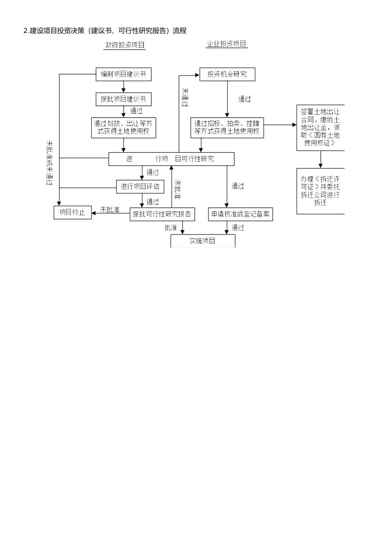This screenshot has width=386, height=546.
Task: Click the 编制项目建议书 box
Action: tap(124, 74)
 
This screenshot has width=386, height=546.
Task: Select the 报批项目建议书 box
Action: tap(124, 99)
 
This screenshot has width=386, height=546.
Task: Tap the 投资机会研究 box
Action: tap(227, 74)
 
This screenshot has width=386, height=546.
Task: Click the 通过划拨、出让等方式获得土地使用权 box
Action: tap(124, 128)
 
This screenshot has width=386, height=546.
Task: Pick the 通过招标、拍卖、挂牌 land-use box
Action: tap(227, 128)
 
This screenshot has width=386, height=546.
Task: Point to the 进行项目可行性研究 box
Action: tap(171, 159)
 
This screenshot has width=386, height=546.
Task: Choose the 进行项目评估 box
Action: tap(140, 187)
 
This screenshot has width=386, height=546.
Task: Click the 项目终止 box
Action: tap(73, 212)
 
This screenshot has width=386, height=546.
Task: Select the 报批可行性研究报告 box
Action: tap(162, 214)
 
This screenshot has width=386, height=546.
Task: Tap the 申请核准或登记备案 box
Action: tap(241, 214)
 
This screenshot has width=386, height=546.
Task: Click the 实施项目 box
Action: tap(203, 241)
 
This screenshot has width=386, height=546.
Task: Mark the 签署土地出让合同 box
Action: tap(321, 128)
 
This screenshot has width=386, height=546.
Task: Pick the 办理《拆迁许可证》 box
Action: tap(321, 191)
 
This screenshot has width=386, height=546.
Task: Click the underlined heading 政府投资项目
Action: tap(125, 45)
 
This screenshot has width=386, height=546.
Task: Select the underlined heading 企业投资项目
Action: tap(227, 44)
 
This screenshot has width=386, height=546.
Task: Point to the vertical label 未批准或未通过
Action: tap(50, 163)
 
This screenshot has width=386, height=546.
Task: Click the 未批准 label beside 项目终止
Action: tap(110, 210)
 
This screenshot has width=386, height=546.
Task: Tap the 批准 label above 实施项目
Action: tap(171, 227)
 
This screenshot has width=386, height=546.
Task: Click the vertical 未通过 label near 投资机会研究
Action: tap(185, 97)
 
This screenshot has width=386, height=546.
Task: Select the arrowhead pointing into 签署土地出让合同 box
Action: tap(295, 125)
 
